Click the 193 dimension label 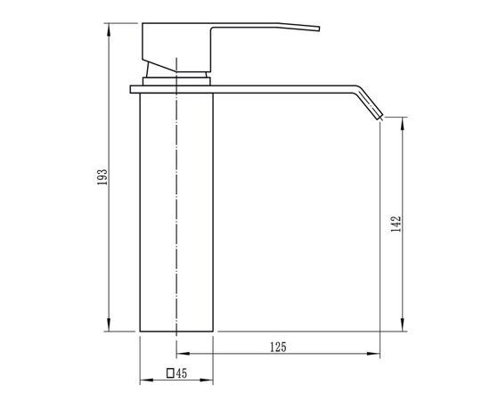[x=102, y=177]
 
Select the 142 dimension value [x=396, y=224]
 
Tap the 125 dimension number [x=278, y=348]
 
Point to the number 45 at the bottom [x=181, y=373]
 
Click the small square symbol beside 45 [x=170, y=373]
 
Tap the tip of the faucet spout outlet [x=381, y=118]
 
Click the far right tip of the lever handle [x=319, y=29]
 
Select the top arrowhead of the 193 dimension [x=109, y=30]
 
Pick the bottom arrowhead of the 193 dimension [x=109, y=324]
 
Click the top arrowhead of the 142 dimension [x=403, y=124]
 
